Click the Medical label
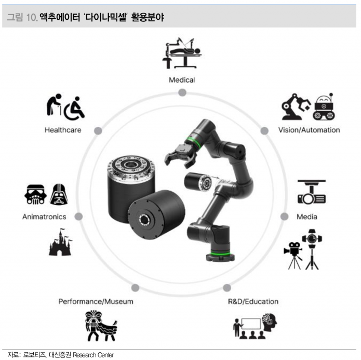182,80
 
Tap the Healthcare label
62,130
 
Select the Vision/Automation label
309,130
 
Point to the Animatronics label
44,217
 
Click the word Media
307,217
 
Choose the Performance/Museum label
96,301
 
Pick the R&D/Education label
253,301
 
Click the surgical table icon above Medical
181,54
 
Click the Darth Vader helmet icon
58,194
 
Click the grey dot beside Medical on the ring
182,92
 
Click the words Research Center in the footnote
93,354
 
